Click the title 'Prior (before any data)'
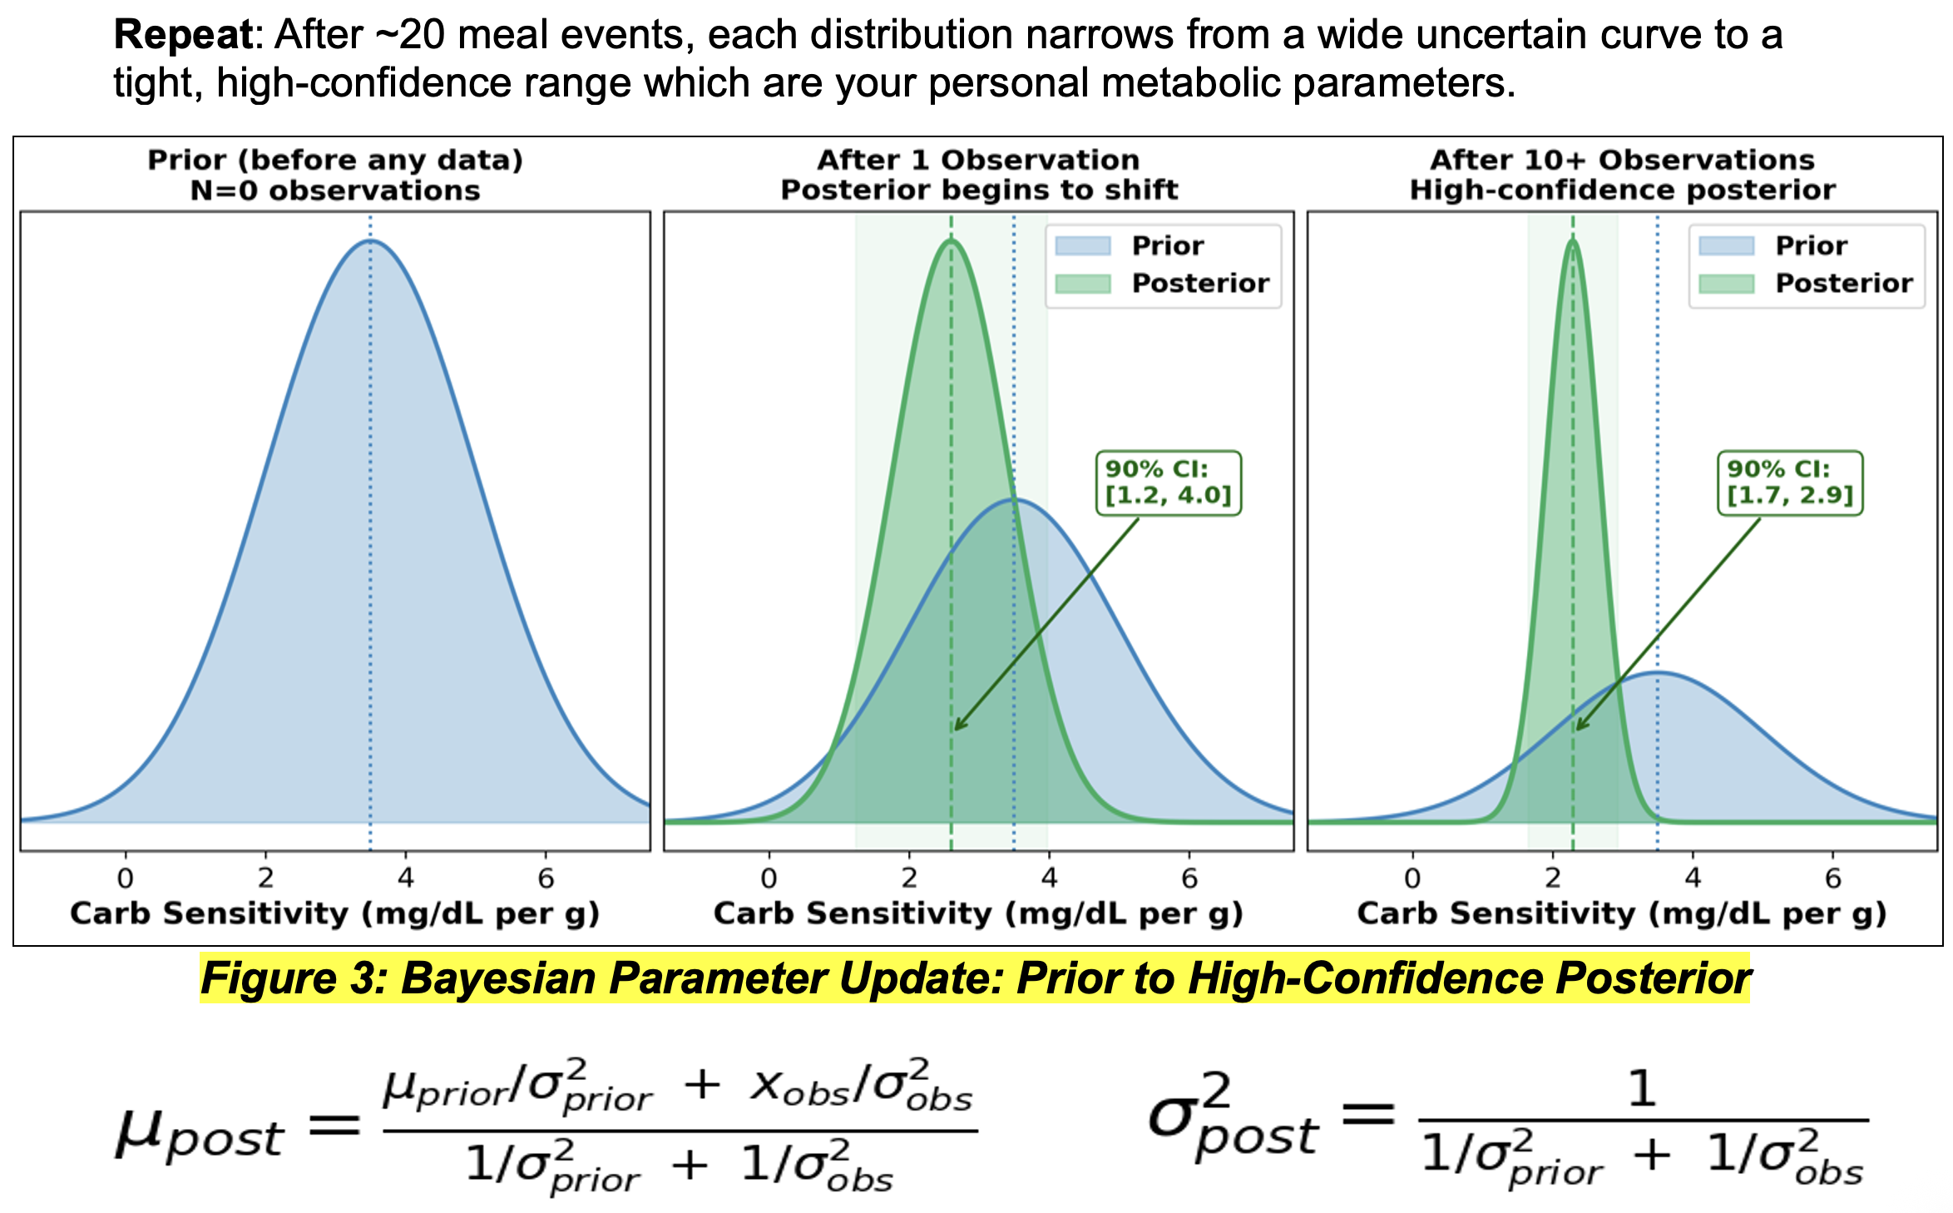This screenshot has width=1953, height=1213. (x=335, y=159)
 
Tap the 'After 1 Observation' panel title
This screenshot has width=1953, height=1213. (x=978, y=159)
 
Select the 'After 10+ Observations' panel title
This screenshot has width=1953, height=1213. (x=1622, y=159)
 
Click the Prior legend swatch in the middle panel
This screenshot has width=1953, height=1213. (x=1082, y=245)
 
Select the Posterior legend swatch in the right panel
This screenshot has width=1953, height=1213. (x=1726, y=284)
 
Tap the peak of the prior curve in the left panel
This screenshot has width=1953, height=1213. (x=371, y=240)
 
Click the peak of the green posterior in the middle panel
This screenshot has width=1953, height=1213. (x=952, y=240)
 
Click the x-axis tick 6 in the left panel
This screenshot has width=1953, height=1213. (x=546, y=878)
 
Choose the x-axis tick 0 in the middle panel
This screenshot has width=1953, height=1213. (x=769, y=878)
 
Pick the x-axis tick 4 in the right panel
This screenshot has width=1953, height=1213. (x=1693, y=878)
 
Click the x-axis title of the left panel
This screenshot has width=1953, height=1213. (x=335, y=913)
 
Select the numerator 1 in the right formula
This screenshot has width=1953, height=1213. (x=1642, y=1088)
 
